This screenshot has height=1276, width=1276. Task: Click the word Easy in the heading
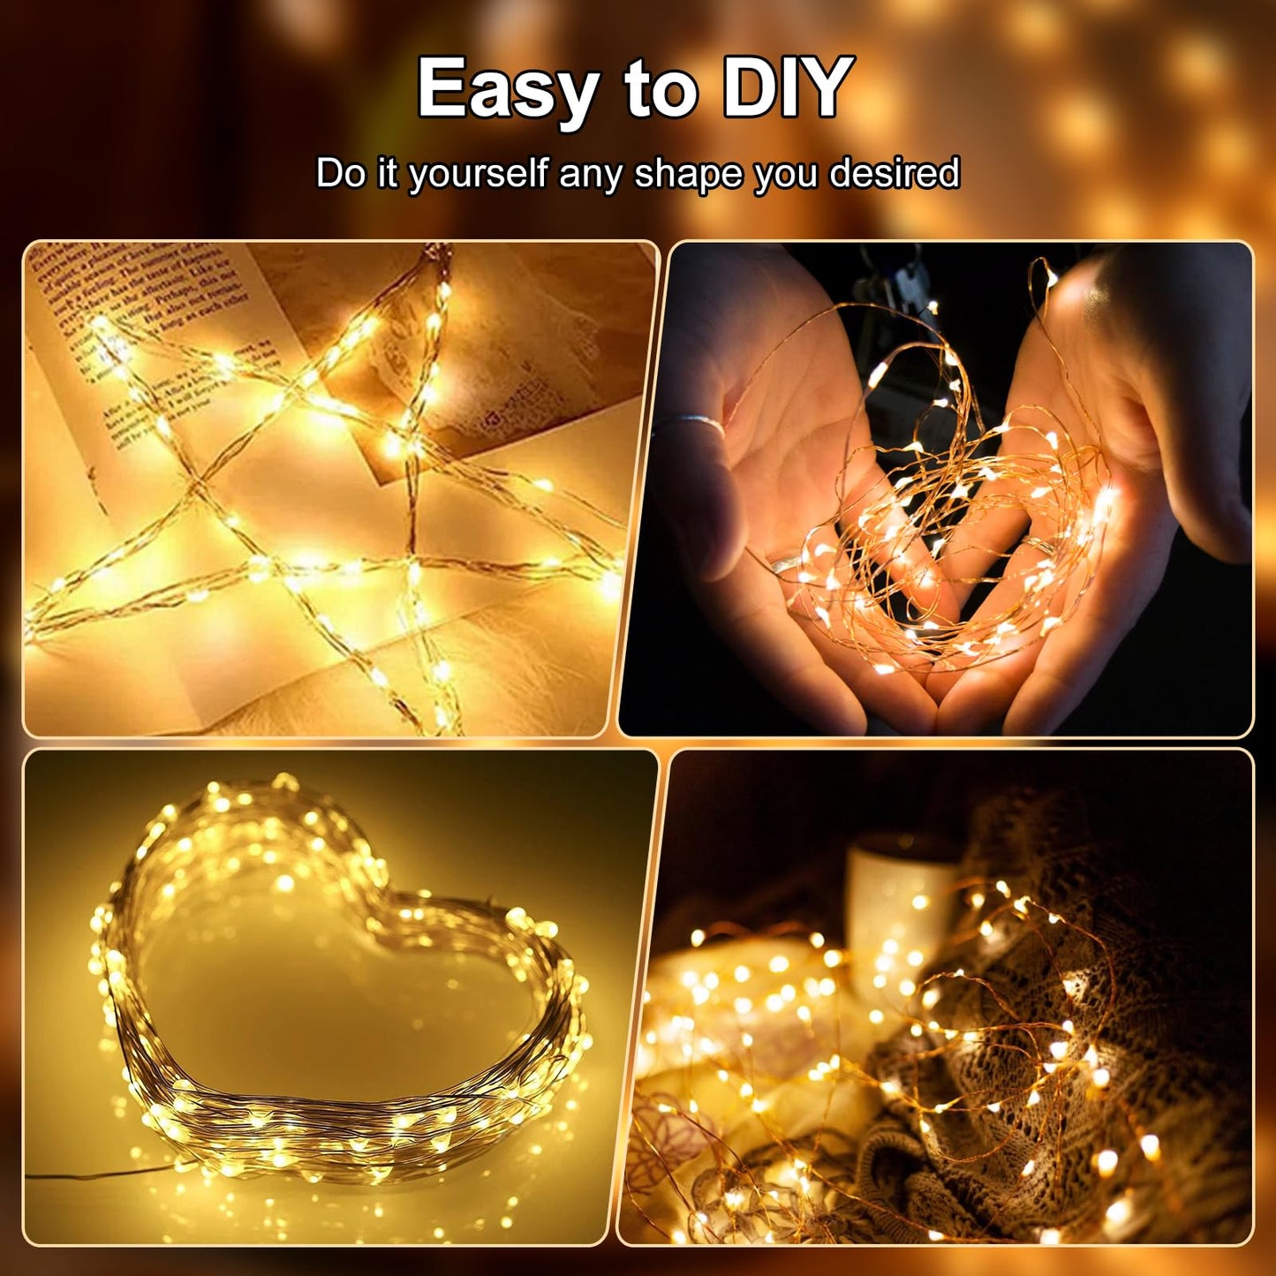point(507,88)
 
